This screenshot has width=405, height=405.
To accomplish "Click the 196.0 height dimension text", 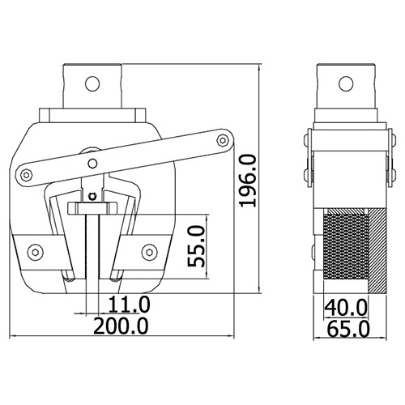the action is tap(247, 181).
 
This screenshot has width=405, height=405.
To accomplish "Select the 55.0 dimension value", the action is tap(197, 246).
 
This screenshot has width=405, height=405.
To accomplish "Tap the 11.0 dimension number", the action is tap(129, 305).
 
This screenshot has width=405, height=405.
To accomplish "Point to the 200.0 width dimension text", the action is tap(121, 326).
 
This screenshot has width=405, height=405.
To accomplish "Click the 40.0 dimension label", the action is tap(346, 307).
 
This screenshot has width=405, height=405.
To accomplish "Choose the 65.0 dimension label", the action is tap(348, 329).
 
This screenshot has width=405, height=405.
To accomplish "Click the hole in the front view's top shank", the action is tap(92, 83).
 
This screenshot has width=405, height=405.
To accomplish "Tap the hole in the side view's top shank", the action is tap(346, 83).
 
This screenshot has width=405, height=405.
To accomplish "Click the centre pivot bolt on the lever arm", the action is tap(92, 163).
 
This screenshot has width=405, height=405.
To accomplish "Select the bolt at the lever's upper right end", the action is tap(223, 140).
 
